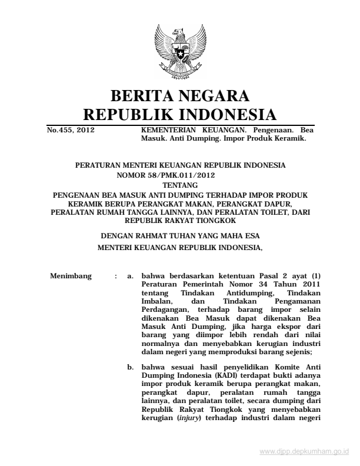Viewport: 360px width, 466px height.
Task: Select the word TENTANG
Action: click(180, 184)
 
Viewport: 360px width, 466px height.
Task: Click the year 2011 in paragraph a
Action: click(309, 283)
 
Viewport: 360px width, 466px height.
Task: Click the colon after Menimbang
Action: click(116, 275)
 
